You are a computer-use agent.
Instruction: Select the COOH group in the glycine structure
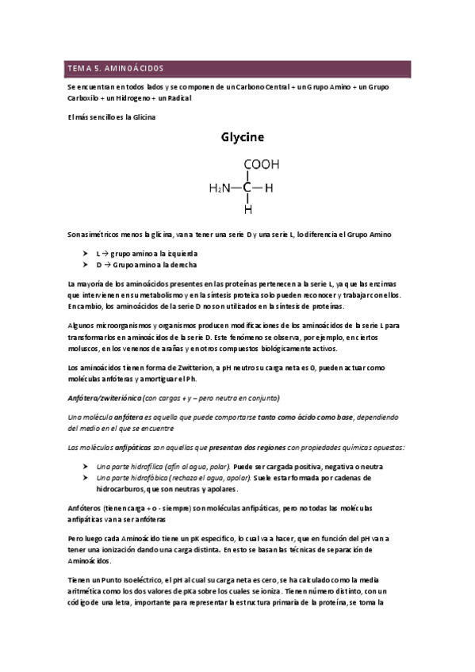pyautogui.click(x=261, y=165)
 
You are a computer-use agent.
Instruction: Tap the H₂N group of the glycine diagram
pyautogui.click(x=221, y=188)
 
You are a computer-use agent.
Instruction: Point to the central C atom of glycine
pyautogui.click(x=247, y=188)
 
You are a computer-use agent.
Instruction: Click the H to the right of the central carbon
pyautogui.click(x=269, y=188)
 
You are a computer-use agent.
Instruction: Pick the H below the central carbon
pyautogui.click(x=247, y=210)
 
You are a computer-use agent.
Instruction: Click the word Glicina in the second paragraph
pyautogui.click(x=143, y=117)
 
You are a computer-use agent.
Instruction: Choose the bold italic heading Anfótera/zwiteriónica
pyautogui.click(x=105, y=397)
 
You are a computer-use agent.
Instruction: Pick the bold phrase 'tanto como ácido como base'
pyautogui.click(x=305, y=417)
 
